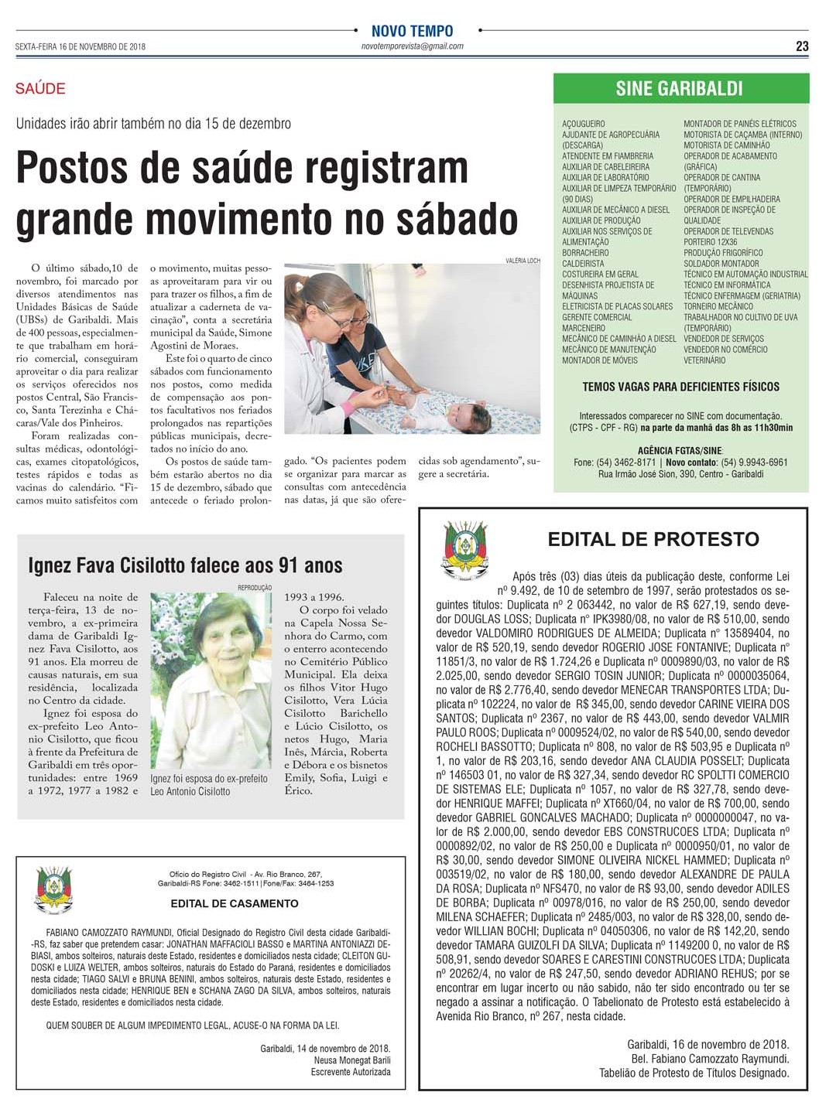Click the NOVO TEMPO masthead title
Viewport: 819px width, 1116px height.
click(x=412, y=31)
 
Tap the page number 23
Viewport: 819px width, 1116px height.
click(x=802, y=46)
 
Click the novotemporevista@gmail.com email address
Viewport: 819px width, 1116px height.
click(x=412, y=46)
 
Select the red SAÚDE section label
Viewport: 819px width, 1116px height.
click(x=40, y=88)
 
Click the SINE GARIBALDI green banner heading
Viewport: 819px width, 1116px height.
click(x=680, y=89)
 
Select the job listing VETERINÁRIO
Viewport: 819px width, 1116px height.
click(x=704, y=360)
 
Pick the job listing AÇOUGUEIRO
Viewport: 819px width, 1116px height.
click(x=584, y=124)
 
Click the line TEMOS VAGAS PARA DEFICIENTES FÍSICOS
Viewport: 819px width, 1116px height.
click(x=681, y=387)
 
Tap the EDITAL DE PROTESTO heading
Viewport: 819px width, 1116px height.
click(x=653, y=539)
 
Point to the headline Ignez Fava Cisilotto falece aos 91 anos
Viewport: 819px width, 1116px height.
click(x=185, y=565)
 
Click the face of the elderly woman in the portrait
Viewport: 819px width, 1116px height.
click(x=224, y=647)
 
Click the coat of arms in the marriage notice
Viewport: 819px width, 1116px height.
click(x=53, y=890)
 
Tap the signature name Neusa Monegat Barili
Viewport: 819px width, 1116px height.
click(x=352, y=1060)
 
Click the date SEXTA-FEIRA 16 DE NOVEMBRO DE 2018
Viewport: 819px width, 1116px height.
click(x=81, y=46)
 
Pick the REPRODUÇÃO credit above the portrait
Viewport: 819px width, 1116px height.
click(x=255, y=588)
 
